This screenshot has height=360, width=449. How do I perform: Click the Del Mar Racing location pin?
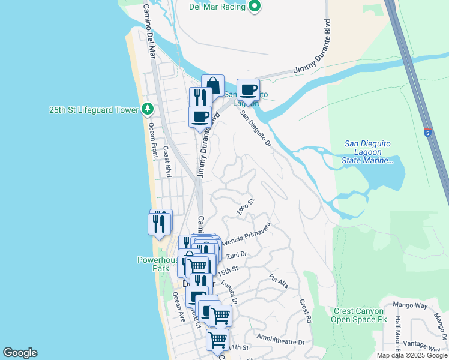[255, 7]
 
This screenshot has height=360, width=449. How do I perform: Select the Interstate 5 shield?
[427, 133]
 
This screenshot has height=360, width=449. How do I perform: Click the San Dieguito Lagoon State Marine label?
[369, 152]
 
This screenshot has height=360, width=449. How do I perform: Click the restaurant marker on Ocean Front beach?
[159, 223]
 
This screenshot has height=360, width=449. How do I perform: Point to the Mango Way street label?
[412, 305]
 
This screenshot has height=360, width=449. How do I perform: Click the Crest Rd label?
[306, 309]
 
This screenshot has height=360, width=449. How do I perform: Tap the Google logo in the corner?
[20, 353]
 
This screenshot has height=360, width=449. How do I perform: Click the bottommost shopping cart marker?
[217, 340]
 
